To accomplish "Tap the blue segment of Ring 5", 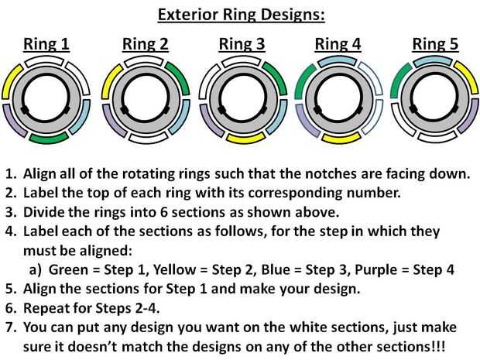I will (434, 60).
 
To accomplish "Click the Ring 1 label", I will (47, 44).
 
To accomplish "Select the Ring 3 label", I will (242, 44).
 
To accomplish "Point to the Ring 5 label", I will (434, 44).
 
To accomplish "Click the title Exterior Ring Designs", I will (241, 14).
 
